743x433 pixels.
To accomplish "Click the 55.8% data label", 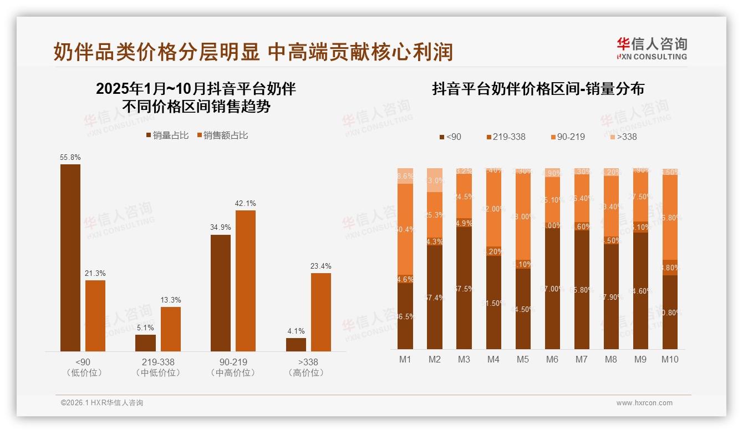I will tap(70, 157).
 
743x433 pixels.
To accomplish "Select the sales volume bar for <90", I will tap(70, 258).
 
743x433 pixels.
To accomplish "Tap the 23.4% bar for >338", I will tap(320, 312).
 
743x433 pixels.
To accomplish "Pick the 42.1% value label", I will tap(246, 204).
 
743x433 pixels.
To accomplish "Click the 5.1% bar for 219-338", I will tap(145, 343).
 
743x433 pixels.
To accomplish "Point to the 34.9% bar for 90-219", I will tap(221, 293).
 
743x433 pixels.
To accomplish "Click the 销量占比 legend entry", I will tap(167, 135).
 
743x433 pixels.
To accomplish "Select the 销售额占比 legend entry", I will tap(222, 135).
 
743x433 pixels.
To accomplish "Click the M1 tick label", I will tap(405, 359).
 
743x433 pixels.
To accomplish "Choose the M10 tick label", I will tap(670, 359).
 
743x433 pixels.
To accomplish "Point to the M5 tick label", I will tap(522, 359).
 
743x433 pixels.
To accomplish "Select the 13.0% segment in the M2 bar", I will tap(435, 180).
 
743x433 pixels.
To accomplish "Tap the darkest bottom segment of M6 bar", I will tap(552, 289).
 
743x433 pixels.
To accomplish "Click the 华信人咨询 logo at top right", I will tap(652, 48).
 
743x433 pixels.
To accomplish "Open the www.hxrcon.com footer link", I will tap(644, 403).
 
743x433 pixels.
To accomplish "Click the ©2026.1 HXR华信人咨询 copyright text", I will tap(102, 403).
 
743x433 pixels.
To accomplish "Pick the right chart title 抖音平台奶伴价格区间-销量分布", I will tap(538, 89).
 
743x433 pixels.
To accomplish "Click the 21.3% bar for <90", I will tap(95, 315).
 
